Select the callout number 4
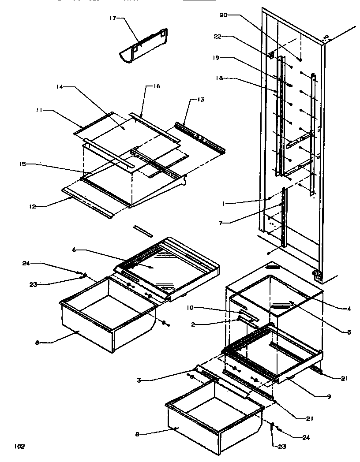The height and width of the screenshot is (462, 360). (x=349, y=309)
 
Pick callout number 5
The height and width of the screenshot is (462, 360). (x=349, y=332)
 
